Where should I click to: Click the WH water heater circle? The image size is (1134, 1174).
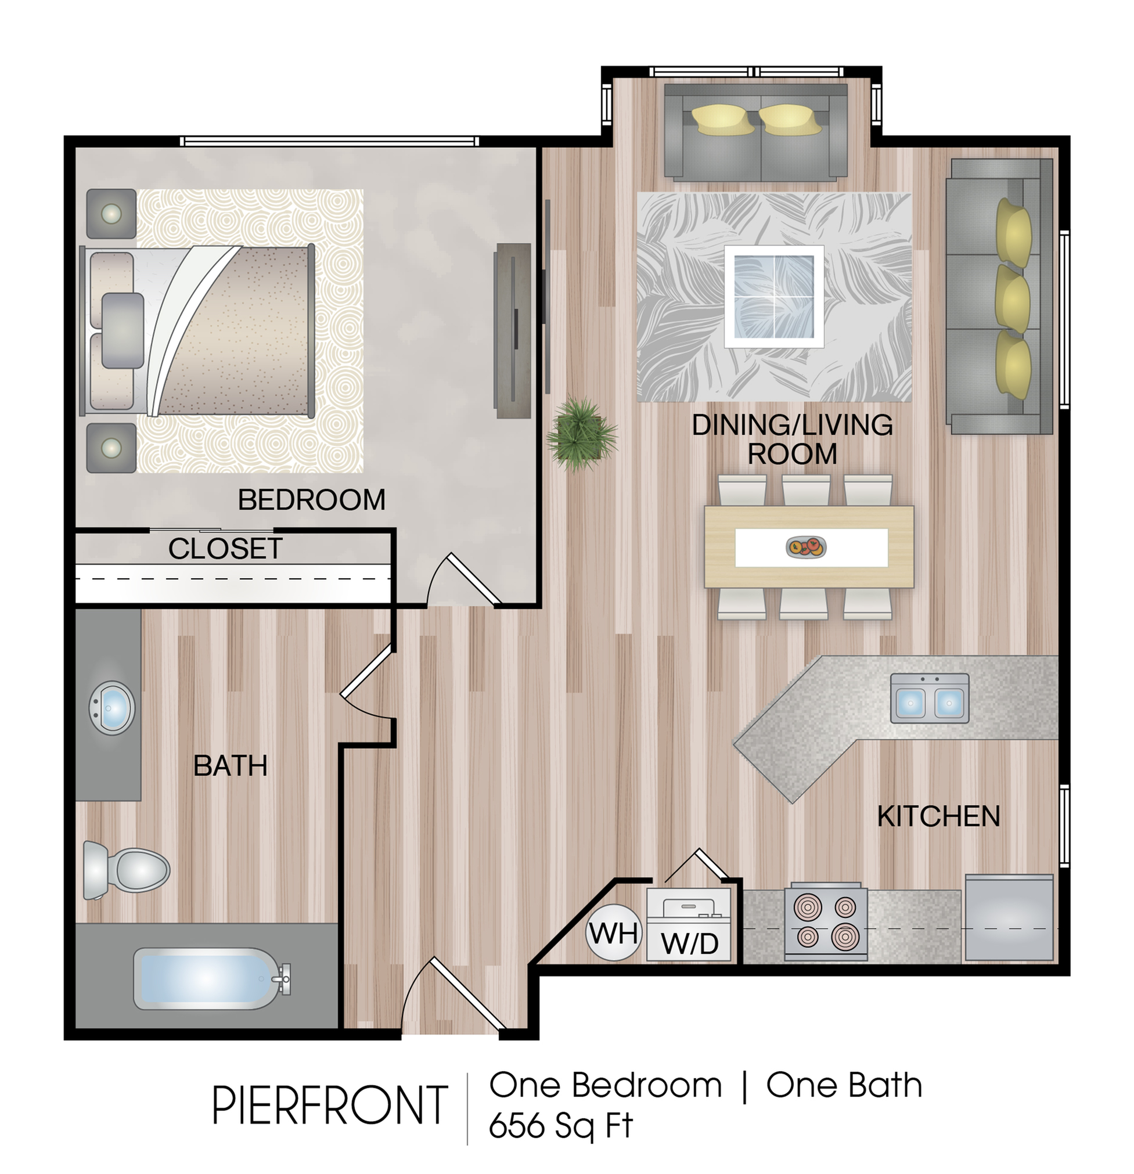pyautogui.click(x=613, y=932)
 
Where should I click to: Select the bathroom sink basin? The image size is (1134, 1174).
pyautogui.click(x=111, y=708)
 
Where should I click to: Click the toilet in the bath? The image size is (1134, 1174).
pyautogui.click(x=126, y=870)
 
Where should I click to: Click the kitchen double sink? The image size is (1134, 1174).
pyautogui.click(x=929, y=698)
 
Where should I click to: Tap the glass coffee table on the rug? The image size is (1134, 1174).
pyautogui.click(x=774, y=297)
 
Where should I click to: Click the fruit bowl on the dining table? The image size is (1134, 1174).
pyautogui.click(x=806, y=546)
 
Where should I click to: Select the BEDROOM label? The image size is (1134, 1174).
pyautogui.click(x=311, y=499)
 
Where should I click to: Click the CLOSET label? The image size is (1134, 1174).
pyautogui.click(x=225, y=549)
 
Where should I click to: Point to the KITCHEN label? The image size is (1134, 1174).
pyautogui.click(x=939, y=816)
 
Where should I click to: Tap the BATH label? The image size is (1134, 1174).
pyautogui.click(x=230, y=765)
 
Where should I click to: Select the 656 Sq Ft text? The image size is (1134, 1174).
pyautogui.click(x=561, y=1125)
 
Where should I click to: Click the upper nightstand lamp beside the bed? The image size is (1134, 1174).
pyautogui.click(x=111, y=213)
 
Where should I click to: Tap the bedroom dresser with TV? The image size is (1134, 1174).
pyautogui.click(x=513, y=330)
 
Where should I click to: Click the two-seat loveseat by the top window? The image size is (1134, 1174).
pyautogui.click(x=756, y=132)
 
